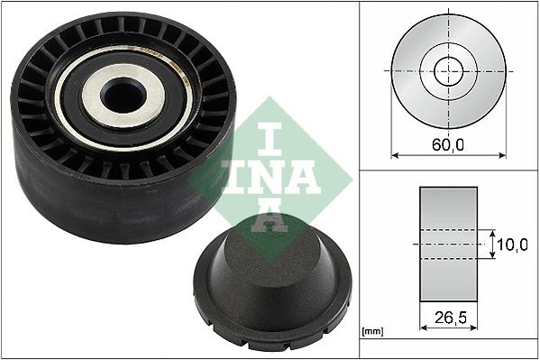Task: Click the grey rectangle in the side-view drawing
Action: pos(448,244)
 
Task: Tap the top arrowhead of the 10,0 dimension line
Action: pos(493,233)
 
